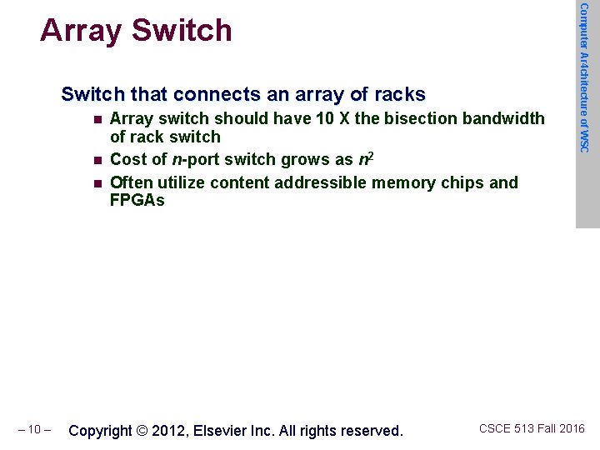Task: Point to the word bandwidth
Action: pyautogui.click(x=503, y=119)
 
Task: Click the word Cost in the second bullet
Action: pyautogui.click(x=128, y=160)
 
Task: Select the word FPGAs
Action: pyautogui.click(x=137, y=201)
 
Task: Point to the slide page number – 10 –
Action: pyautogui.click(x=34, y=430)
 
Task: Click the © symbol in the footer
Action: pyautogui.click(x=142, y=431)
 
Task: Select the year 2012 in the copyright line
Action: pyautogui.click(x=169, y=431)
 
